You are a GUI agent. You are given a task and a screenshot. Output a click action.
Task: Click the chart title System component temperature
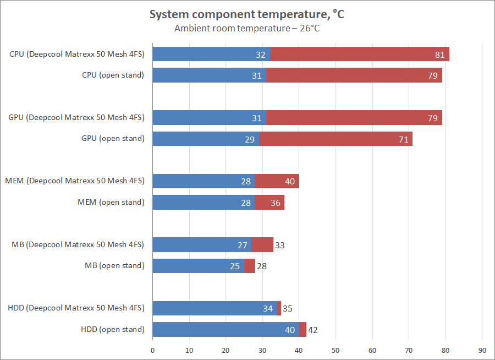click(x=247, y=14)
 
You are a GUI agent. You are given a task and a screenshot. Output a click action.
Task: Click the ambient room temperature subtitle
click(x=247, y=28)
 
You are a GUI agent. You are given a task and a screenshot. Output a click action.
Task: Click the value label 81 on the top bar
click(x=439, y=54)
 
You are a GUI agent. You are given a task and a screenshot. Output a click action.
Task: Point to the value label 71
click(x=403, y=139)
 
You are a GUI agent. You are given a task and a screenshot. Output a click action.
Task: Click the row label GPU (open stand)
click(x=113, y=139)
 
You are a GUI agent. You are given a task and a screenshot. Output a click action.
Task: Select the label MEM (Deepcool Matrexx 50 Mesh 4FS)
click(x=75, y=181)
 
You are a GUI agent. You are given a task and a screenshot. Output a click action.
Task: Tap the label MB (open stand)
click(x=114, y=266)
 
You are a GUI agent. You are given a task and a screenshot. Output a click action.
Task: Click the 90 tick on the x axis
click(x=482, y=350)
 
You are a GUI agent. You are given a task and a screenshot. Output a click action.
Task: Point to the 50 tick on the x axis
click(x=335, y=350)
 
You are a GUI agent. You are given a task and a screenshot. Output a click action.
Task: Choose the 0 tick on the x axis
click(x=152, y=350)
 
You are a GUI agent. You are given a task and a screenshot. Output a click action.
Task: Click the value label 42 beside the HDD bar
click(x=312, y=330)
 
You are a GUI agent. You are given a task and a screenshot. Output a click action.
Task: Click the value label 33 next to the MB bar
click(x=279, y=246)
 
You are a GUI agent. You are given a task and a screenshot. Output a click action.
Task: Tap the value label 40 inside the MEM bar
click(x=289, y=182)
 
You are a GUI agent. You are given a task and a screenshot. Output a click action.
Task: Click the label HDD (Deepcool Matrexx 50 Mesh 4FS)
click(x=76, y=308)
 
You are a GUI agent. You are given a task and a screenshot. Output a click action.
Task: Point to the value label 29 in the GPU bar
click(x=249, y=139)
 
